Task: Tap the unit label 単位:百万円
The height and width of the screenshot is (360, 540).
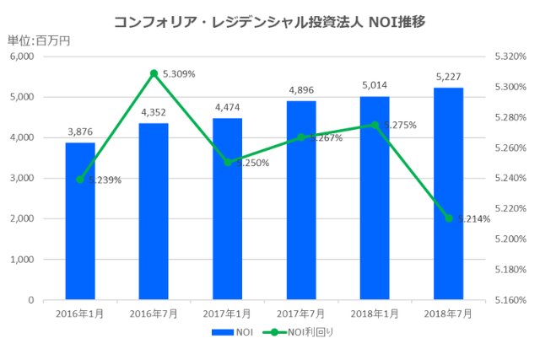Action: pyautogui.click(x=39, y=40)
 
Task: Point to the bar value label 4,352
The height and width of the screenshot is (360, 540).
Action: pyautogui.click(x=154, y=112)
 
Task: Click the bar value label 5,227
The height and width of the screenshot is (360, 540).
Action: pyautogui.click(x=448, y=77)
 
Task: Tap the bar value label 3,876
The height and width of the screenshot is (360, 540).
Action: pyautogui.click(x=80, y=132)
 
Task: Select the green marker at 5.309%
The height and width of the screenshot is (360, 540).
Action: pyautogui.click(x=154, y=73)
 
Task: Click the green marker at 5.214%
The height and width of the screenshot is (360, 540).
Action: pyautogui.click(x=448, y=218)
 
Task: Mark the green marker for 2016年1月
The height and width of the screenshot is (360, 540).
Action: pyautogui.click(x=80, y=180)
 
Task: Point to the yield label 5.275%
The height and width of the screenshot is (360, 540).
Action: pyautogui.click(x=400, y=126)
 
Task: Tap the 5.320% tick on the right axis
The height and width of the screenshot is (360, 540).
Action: pyautogui.click(x=510, y=56)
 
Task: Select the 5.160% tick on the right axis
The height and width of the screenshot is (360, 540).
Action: pyautogui.click(x=510, y=299)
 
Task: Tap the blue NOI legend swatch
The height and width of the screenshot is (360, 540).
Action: pyautogui.click(x=223, y=334)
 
